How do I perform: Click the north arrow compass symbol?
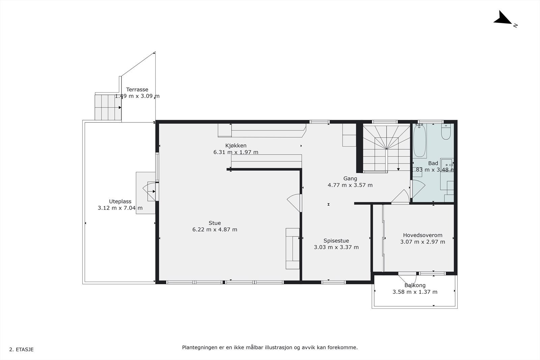(x=504, y=19)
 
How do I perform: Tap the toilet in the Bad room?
(x=446, y=132)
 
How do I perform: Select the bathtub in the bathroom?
(x=420, y=141)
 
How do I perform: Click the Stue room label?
(x=215, y=223)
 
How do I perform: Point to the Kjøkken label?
(x=236, y=145)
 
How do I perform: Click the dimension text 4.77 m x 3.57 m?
(x=350, y=185)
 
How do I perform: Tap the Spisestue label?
(x=336, y=241)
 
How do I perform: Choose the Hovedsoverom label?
(x=423, y=235)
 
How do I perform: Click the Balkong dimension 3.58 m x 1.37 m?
(x=415, y=292)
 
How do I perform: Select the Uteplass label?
(x=120, y=201)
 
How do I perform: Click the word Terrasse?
(x=137, y=89)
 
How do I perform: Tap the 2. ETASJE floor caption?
(x=22, y=350)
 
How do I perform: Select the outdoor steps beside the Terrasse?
(x=108, y=107)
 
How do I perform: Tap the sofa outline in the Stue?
(x=293, y=248)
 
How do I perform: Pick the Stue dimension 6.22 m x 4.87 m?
(x=215, y=229)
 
